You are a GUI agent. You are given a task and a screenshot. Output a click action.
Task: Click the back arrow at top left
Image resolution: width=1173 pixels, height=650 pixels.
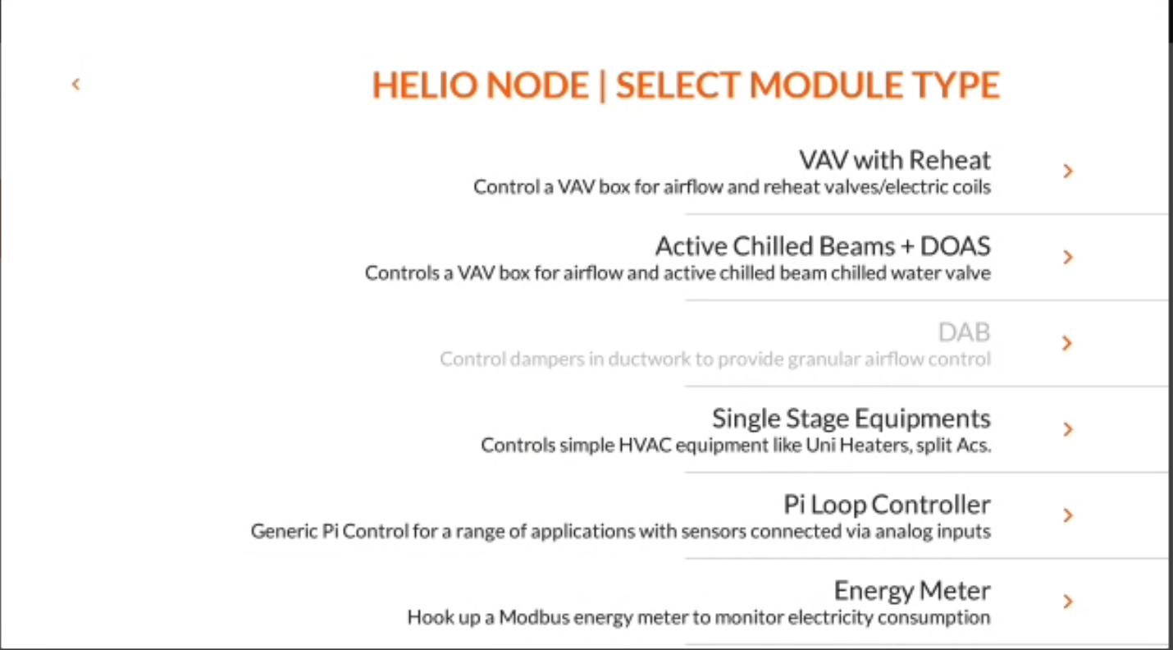coord(76,84)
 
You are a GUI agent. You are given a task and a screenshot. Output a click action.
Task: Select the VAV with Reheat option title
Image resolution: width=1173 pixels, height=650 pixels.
coord(895,160)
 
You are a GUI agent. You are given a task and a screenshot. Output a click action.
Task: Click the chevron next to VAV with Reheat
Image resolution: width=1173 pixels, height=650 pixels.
coord(1068,171)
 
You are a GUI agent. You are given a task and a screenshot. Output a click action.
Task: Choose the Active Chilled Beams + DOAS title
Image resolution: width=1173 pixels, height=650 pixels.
coord(823,246)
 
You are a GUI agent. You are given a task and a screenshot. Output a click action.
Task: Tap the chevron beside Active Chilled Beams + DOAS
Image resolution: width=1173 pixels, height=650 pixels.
coord(1068,257)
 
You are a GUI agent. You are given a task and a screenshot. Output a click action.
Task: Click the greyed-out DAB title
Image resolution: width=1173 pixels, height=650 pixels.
coord(964,332)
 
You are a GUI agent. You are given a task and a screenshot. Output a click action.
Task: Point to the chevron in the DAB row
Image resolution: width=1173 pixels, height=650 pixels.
coord(1067,343)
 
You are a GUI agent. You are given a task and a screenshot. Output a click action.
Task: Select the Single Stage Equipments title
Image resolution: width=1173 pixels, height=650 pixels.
coord(851,419)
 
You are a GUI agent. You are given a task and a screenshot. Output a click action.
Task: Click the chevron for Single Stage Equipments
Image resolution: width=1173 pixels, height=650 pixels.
coord(1068,429)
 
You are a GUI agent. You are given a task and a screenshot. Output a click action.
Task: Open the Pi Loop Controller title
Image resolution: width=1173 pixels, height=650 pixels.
coord(887,505)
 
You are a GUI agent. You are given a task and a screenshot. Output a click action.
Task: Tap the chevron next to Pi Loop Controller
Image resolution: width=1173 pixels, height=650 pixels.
coord(1068,515)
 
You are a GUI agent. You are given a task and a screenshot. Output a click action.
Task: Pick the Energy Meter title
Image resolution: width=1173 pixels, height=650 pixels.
coord(912,591)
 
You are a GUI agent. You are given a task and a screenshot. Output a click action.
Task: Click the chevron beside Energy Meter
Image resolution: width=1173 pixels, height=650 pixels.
coord(1068,601)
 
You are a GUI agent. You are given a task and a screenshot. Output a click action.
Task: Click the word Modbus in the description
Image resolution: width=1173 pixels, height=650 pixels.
coord(534,617)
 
